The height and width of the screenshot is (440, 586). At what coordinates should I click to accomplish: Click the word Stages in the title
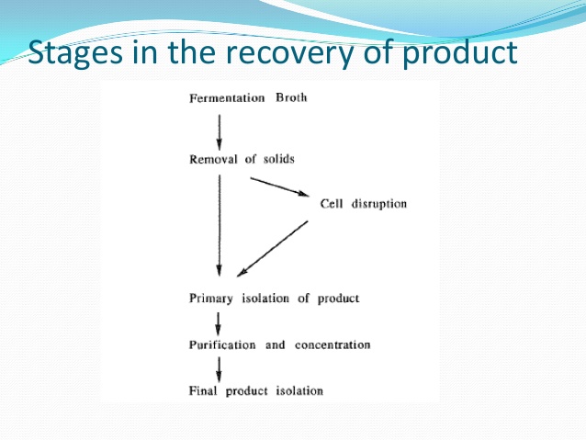coord(75,53)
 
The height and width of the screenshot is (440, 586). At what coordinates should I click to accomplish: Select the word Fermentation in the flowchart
coord(227,98)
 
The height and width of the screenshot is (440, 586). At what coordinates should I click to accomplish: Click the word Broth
coord(291,97)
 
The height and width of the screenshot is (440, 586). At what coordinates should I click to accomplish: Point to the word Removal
coord(213,159)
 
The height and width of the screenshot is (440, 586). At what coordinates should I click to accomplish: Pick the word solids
coord(279,159)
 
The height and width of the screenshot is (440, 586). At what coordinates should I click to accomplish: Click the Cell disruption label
coord(363,204)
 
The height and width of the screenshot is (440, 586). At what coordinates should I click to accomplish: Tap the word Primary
coord(211,299)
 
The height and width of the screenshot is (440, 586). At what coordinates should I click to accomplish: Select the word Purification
coord(222,344)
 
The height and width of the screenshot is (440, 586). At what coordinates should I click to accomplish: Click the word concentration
coord(332,344)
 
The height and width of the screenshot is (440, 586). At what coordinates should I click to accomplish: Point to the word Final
coord(203,390)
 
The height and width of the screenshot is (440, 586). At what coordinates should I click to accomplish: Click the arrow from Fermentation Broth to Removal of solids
coord(220,132)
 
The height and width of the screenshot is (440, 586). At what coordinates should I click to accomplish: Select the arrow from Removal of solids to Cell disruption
coord(279,186)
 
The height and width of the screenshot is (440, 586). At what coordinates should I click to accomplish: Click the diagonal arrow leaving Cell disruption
coord(273,249)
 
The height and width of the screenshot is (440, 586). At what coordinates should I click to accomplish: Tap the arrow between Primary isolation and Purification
coord(219,323)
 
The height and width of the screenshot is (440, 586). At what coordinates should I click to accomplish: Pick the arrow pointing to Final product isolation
coord(219,369)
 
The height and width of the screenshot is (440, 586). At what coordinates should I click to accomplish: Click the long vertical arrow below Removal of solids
coord(220,225)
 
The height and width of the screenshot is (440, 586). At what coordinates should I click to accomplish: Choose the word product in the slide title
coord(460,53)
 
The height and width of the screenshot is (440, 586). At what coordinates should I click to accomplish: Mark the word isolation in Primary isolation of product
coord(265,299)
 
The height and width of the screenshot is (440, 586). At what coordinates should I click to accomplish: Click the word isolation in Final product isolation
coord(299,390)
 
